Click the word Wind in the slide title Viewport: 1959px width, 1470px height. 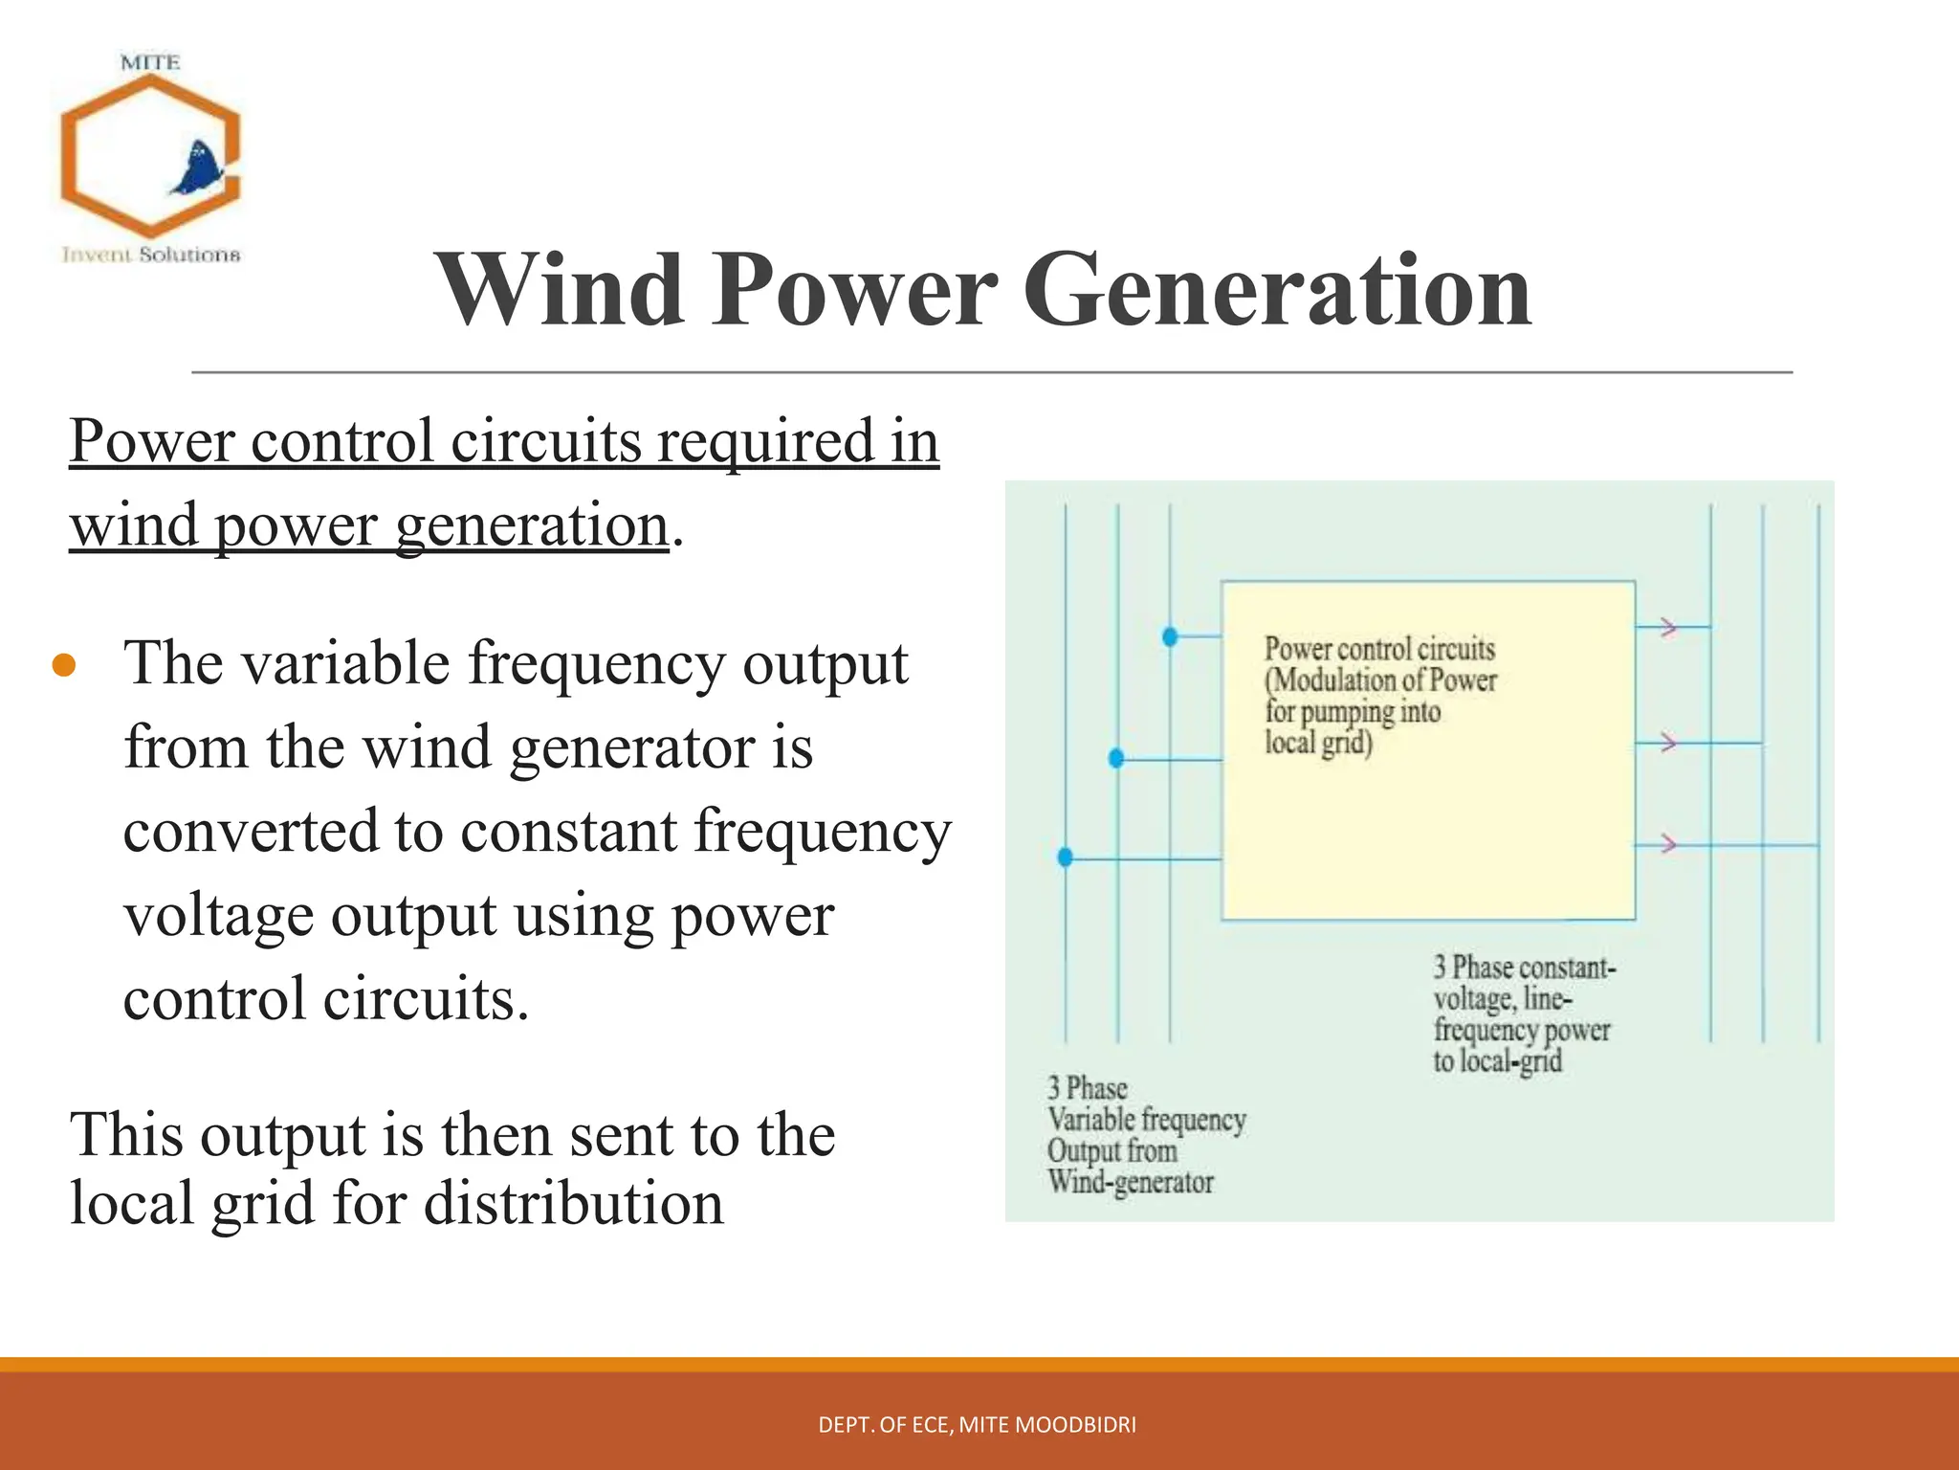coord(560,290)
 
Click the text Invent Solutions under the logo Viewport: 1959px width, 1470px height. coord(151,255)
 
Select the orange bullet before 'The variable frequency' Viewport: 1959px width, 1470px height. coord(64,665)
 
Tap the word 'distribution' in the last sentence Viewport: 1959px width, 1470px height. coord(573,1203)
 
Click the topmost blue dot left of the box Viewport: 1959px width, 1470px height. coord(1169,636)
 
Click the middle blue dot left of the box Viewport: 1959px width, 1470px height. coord(1116,759)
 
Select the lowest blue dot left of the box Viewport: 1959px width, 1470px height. coord(1065,857)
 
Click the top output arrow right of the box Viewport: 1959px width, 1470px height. coord(1668,628)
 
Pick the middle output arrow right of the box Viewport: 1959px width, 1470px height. coord(1668,743)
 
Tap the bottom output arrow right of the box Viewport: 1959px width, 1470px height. coord(1668,844)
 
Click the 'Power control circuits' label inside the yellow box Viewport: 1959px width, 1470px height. coord(1379,649)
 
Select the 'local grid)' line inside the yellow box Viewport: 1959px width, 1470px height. coord(1318,743)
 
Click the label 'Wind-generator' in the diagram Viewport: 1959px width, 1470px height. coord(1130,1183)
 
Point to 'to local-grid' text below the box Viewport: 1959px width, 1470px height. coord(1497,1061)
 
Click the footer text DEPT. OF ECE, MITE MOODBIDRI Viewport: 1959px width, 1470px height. coord(977,1425)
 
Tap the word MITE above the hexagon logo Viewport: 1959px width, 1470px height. coord(150,63)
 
